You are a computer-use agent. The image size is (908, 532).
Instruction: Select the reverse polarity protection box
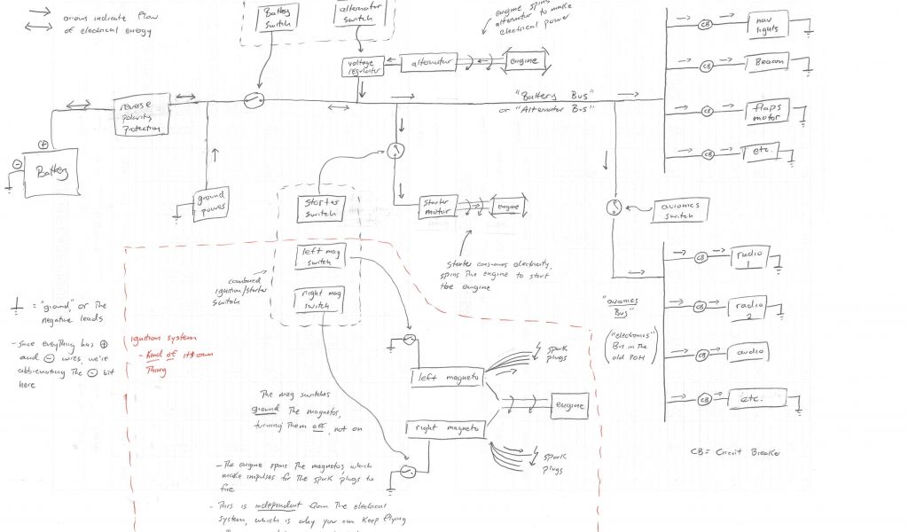[x=140, y=117]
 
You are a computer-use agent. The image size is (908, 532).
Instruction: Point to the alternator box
[x=428, y=62]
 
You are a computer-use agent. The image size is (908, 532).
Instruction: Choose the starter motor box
[x=437, y=207]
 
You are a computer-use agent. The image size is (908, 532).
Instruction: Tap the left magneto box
[x=447, y=377]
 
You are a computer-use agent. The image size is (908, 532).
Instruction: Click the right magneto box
[x=446, y=428]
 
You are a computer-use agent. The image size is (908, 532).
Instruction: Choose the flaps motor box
[x=771, y=112]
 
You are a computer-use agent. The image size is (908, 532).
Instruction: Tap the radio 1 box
[x=751, y=258]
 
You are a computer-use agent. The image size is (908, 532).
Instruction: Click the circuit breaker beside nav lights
[x=706, y=24]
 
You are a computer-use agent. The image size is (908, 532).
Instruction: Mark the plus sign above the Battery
[x=41, y=144]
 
